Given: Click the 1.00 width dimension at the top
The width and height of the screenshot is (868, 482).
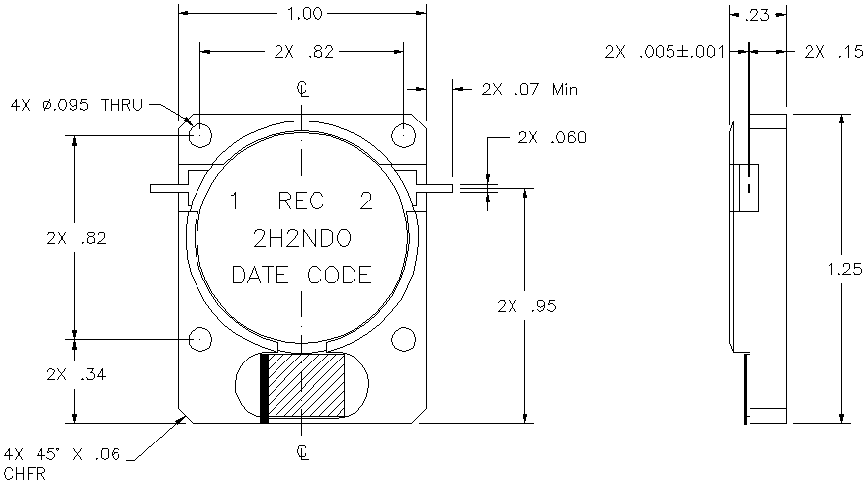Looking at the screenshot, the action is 305,13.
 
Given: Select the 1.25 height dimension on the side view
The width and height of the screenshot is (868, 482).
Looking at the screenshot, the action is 845,269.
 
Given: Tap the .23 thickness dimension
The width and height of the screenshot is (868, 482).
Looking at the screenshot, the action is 756,15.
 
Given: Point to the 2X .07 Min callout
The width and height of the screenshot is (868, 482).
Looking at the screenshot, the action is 529,89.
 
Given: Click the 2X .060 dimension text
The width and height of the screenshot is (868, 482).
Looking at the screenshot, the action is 552,137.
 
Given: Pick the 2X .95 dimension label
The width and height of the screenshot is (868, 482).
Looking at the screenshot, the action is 526,306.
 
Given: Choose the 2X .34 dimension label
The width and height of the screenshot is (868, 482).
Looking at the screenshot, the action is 76,374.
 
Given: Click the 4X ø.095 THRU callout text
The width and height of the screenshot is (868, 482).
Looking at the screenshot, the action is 77,105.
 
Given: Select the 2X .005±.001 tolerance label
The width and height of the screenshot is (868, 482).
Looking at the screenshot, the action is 665,52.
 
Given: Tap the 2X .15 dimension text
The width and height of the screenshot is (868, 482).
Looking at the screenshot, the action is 833,52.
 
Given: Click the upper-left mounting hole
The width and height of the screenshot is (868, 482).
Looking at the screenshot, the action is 200,135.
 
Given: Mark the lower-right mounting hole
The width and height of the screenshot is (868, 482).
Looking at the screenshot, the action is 403,339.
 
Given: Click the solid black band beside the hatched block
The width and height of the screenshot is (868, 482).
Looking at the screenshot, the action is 264,388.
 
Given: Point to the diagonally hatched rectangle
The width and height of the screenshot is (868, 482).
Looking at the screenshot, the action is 306,384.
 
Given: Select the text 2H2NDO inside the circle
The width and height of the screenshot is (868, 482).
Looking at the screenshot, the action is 302,238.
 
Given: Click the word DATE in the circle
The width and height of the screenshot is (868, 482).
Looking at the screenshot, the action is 260,275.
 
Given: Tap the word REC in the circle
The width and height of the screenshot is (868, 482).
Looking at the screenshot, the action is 300,201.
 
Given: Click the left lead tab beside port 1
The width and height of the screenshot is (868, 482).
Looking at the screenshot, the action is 170,188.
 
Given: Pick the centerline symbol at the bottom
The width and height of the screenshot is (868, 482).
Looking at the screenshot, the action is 302,452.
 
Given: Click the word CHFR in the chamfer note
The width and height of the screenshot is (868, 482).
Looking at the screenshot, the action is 25,474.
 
